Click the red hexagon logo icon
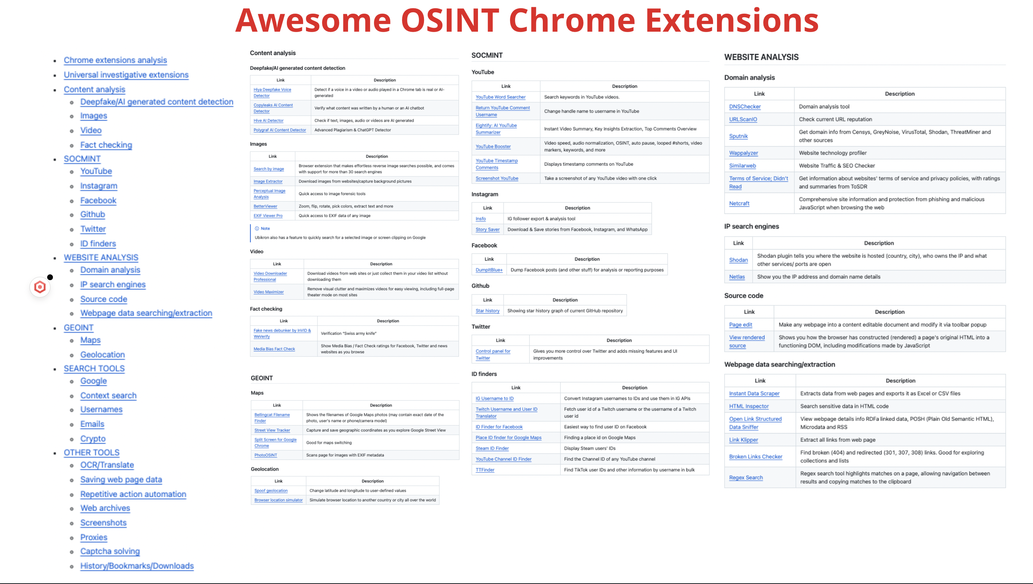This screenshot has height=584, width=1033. click(x=40, y=287)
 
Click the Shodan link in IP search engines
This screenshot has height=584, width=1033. click(x=738, y=260)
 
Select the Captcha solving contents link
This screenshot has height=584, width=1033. click(x=110, y=551)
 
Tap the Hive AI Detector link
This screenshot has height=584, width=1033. click(x=268, y=120)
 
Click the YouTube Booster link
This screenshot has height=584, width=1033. click(x=493, y=147)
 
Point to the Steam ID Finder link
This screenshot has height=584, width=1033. click(x=492, y=448)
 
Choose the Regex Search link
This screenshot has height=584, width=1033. click(x=746, y=477)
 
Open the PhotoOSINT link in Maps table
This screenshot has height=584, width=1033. click(x=266, y=455)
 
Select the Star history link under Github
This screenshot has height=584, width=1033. click(x=487, y=310)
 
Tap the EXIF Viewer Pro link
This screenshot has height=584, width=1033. click(x=268, y=215)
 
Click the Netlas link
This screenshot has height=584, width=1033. click(x=737, y=277)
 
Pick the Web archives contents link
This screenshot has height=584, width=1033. click(x=105, y=508)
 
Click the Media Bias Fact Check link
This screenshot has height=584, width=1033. click(x=274, y=349)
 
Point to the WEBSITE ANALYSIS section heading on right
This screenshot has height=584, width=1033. click(x=761, y=57)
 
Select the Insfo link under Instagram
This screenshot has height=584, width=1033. click(x=481, y=219)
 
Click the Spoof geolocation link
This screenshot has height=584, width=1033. click(x=271, y=490)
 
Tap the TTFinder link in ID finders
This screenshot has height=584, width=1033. click(x=485, y=470)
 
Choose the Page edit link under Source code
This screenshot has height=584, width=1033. click(x=740, y=324)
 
